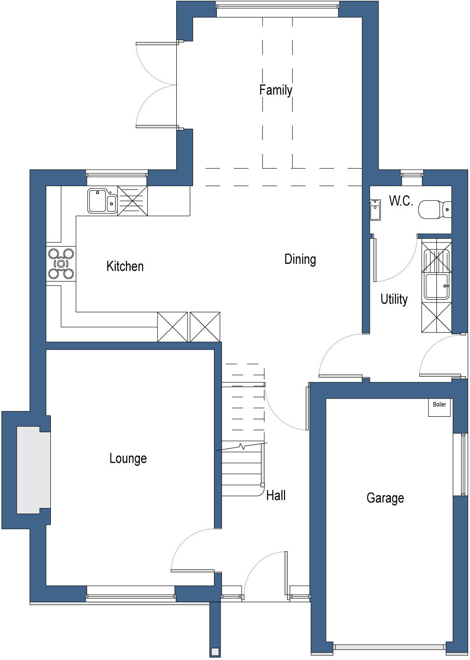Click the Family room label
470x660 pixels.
pyautogui.click(x=276, y=90)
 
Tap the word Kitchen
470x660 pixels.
pyautogui.click(x=125, y=266)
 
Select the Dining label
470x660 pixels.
pyautogui.click(x=300, y=259)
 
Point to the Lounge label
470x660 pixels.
pyautogui.click(x=128, y=458)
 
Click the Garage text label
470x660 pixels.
pyautogui.click(x=385, y=498)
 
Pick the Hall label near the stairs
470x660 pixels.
pyautogui.click(x=276, y=495)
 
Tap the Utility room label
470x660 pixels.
pyautogui.click(x=394, y=299)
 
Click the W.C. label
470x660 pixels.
pyautogui.click(x=401, y=201)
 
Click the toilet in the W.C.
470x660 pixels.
pyautogui.click(x=434, y=210)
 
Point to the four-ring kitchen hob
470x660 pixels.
pyautogui.click(x=61, y=264)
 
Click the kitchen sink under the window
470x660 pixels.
pyautogui.click(x=102, y=201)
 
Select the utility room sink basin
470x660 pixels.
pyautogui.click(x=436, y=286)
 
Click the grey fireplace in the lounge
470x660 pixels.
pyautogui.click(x=34, y=470)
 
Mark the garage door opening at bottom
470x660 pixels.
pyautogui.click(x=389, y=647)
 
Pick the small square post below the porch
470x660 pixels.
pyautogui.click(x=214, y=652)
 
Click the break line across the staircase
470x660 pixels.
pyautogui.click(x=242, y=447)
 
